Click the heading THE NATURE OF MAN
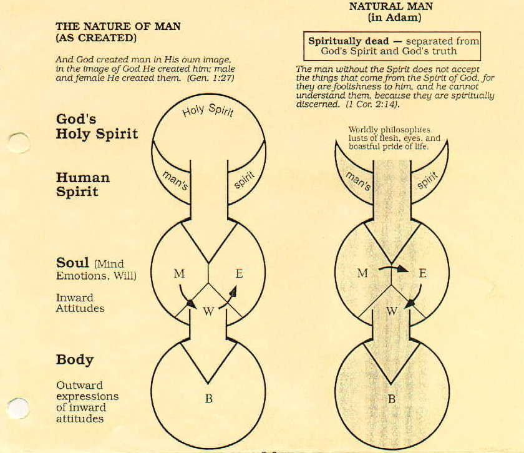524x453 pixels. pos(118,26)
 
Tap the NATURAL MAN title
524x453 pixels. pos(391,6)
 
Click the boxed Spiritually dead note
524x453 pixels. pos(392,46)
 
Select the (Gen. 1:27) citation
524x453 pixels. pos(211,78)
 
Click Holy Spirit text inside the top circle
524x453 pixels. pos(208,110)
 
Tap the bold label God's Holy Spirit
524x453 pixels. pos(97,127)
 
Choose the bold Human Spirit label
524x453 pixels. pos(82,185)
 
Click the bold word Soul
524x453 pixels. pos(72,263)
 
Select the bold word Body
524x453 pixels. pos(75,360)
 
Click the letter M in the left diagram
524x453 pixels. pos(179,274)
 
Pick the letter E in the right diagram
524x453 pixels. pos(422,273)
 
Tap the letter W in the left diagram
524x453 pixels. pos(208,311)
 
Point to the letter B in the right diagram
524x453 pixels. pos(391,399)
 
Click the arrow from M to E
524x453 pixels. pos(394,268)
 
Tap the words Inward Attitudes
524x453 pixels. pos(80,303)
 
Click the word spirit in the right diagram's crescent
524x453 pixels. pos(427,180)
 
